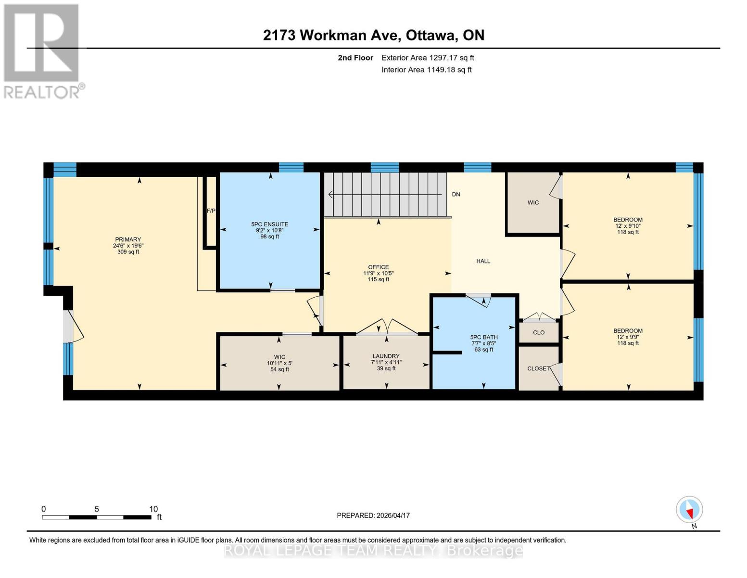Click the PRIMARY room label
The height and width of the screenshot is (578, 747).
click(128, 239)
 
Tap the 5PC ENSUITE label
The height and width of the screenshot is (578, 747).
click(269, 224)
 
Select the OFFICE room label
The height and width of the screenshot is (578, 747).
click(378, 267)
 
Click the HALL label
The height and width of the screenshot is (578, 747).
click(483, 261)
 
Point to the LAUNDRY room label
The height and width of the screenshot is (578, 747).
click(386, 356)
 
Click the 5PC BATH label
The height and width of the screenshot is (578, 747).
click(484, 337)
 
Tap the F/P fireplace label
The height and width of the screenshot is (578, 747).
click(211, 211)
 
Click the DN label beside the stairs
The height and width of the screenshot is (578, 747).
click(456, 195)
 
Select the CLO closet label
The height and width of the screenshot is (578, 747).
click(539, 332)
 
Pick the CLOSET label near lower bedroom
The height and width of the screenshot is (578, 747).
click(538, 368)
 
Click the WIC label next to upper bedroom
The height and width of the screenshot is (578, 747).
click(533, 203)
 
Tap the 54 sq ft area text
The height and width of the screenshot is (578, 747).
click(279, 369)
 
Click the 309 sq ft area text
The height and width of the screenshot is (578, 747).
click(128, 252)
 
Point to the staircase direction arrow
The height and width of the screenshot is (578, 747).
click(385, 195)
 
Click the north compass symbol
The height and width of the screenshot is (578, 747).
click(689, 510)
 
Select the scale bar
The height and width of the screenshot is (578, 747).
click(96, 517)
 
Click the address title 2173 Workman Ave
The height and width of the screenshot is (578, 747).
click(373, 35)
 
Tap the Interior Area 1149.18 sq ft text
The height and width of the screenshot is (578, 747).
click(426, 70)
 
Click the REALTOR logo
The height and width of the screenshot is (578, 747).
click(42, 51)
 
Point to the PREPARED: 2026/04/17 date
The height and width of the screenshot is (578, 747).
click(373, 515)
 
